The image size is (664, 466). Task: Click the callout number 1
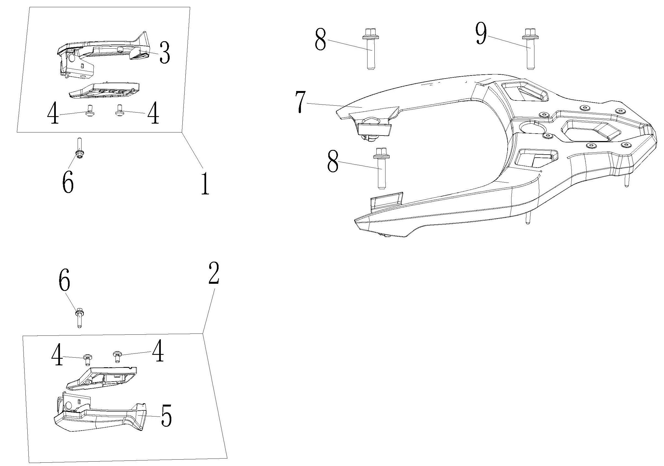(x=205, y=183)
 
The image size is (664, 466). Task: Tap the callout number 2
(x=213, y=273)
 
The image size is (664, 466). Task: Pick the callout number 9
(x=481, y=34)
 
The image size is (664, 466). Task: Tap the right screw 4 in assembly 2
(x=117, y=356)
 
